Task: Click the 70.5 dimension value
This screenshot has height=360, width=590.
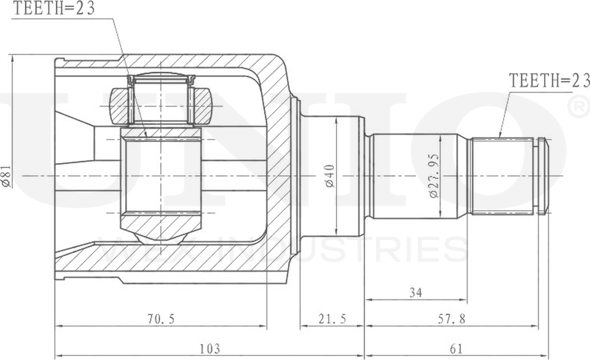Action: [160, 319]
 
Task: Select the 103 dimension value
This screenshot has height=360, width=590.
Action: [210, 349]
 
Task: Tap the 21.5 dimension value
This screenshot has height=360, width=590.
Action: [332, 319]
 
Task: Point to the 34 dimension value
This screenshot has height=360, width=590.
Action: [416, 292]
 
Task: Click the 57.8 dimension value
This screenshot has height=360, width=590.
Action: [451, 319]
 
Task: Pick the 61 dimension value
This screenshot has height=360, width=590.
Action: [456, 349]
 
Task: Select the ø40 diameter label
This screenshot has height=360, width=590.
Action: [329, 175]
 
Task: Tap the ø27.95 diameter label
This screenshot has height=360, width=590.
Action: [434, 175]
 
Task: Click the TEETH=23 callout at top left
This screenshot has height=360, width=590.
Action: [54, 9]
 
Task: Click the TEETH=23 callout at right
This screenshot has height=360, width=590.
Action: [549, 81]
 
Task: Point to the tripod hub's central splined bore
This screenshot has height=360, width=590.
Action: [161, 175]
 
